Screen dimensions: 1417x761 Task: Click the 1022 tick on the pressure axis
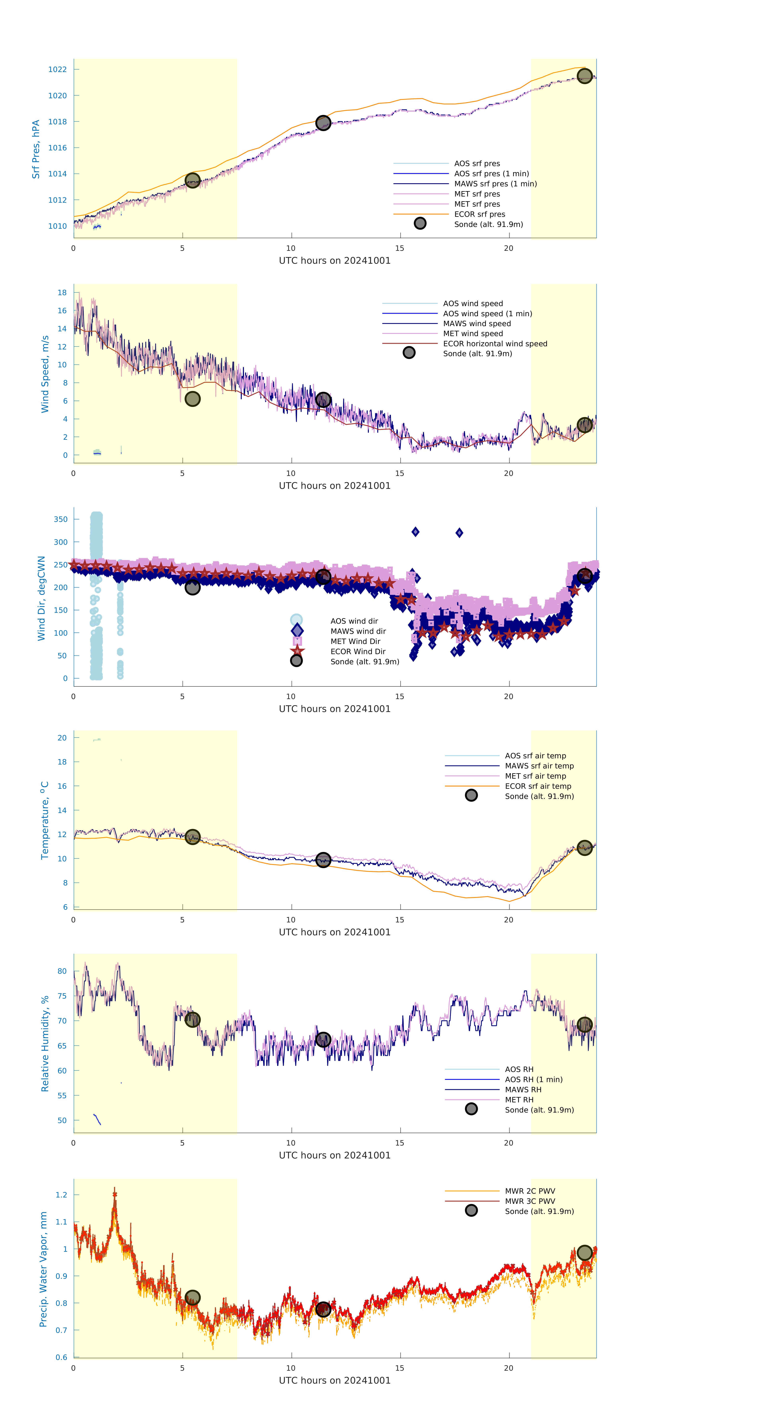coord(57,69)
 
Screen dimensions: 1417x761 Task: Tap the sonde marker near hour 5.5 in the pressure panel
coord(192,180)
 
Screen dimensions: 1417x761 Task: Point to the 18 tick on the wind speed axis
coord(62,293)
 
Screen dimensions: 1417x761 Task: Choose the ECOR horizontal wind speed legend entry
coord(495,344)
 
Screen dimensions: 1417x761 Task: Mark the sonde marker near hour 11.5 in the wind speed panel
coord(323,400)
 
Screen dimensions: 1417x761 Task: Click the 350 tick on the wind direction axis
coord(60,519)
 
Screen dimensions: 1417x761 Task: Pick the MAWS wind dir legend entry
coord(358,631)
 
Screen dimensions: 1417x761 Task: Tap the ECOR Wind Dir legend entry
coord(358,651)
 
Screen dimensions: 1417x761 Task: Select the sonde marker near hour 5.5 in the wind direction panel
coord(192,587)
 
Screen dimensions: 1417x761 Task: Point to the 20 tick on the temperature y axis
coord(62,738)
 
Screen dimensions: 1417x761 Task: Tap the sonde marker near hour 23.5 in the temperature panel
coord(584,848)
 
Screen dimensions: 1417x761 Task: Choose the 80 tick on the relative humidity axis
coord(62,972)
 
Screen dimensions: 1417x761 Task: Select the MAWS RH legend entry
coord(523,1090)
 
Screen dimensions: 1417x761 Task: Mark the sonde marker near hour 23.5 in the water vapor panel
coord(584,1253)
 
